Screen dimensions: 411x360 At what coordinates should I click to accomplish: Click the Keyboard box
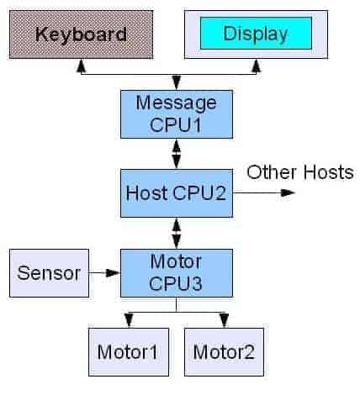point(81,34)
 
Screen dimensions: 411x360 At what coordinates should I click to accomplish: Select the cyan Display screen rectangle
point(255,34)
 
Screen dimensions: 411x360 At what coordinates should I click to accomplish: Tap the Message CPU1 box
point(176,113)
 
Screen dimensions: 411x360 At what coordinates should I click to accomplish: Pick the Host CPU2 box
point(176,192)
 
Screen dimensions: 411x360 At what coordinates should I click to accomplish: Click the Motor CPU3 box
point(176,271)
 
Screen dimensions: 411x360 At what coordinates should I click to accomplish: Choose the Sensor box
point(49,272)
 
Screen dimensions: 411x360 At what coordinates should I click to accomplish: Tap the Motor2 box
point(224,350)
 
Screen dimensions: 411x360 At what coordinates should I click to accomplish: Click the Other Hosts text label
point(299,172)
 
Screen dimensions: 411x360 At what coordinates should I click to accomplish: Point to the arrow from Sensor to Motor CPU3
point(104,272)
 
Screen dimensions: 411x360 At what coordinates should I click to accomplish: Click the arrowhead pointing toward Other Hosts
point(289,192)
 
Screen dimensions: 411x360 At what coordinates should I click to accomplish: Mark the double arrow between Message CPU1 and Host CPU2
point(176,154)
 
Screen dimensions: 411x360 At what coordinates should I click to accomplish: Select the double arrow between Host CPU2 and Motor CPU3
point(176,231)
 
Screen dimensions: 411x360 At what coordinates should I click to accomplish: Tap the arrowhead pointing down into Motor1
point(128,320)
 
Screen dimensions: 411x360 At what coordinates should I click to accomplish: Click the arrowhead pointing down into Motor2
point(224,320)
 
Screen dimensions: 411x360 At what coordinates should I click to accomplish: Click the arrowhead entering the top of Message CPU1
point(176,82)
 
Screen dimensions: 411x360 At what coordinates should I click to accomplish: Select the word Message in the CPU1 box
point(177,103)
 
